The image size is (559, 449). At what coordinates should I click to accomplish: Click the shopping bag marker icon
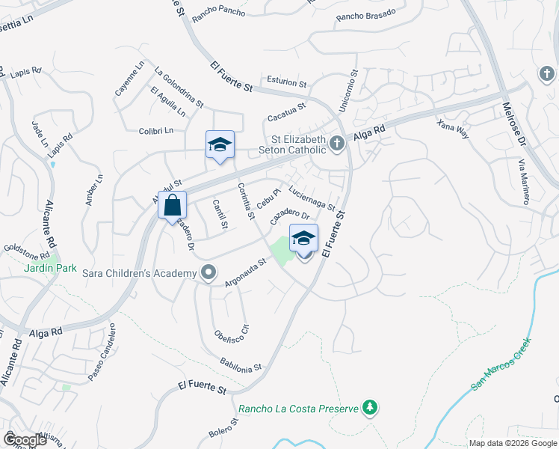point(172,204)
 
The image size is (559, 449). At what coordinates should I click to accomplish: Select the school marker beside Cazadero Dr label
point(303,239)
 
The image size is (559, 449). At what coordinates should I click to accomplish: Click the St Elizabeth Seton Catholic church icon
point(337,142)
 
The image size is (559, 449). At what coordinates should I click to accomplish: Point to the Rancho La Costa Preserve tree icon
point(368,408)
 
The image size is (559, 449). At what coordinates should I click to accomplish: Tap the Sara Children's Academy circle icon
point(207,273)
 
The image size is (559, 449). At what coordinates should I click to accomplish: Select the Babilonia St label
point(241,364)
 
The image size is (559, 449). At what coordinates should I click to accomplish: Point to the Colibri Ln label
point(156,131)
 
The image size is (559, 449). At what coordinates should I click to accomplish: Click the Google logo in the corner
point(24,439)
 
